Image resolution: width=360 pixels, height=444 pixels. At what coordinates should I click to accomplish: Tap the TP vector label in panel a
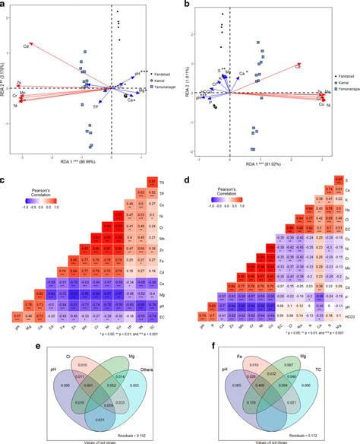(x=94, y=108)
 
